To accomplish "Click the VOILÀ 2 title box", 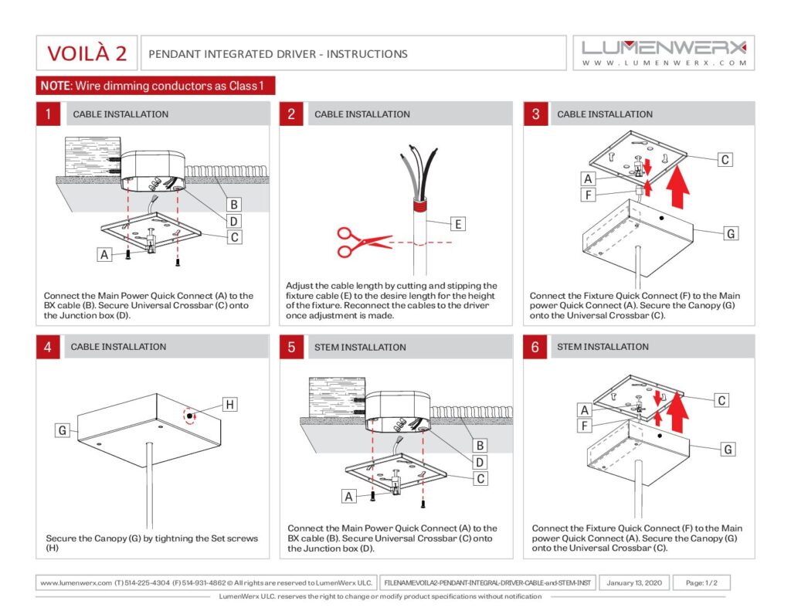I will (87, 53).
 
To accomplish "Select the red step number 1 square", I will (48, 114).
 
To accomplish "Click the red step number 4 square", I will (48, 347).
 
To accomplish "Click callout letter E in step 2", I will (458, 224).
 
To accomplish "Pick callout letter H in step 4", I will (229, 403).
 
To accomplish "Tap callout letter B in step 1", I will (233, 204).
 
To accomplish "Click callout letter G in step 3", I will (731, 233).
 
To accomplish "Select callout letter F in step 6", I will (585, 426).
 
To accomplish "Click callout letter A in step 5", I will (349, 497).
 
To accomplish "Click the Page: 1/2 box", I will (701, 583).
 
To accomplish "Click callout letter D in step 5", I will (480, 462).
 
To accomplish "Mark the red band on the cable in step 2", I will (420, 205).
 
